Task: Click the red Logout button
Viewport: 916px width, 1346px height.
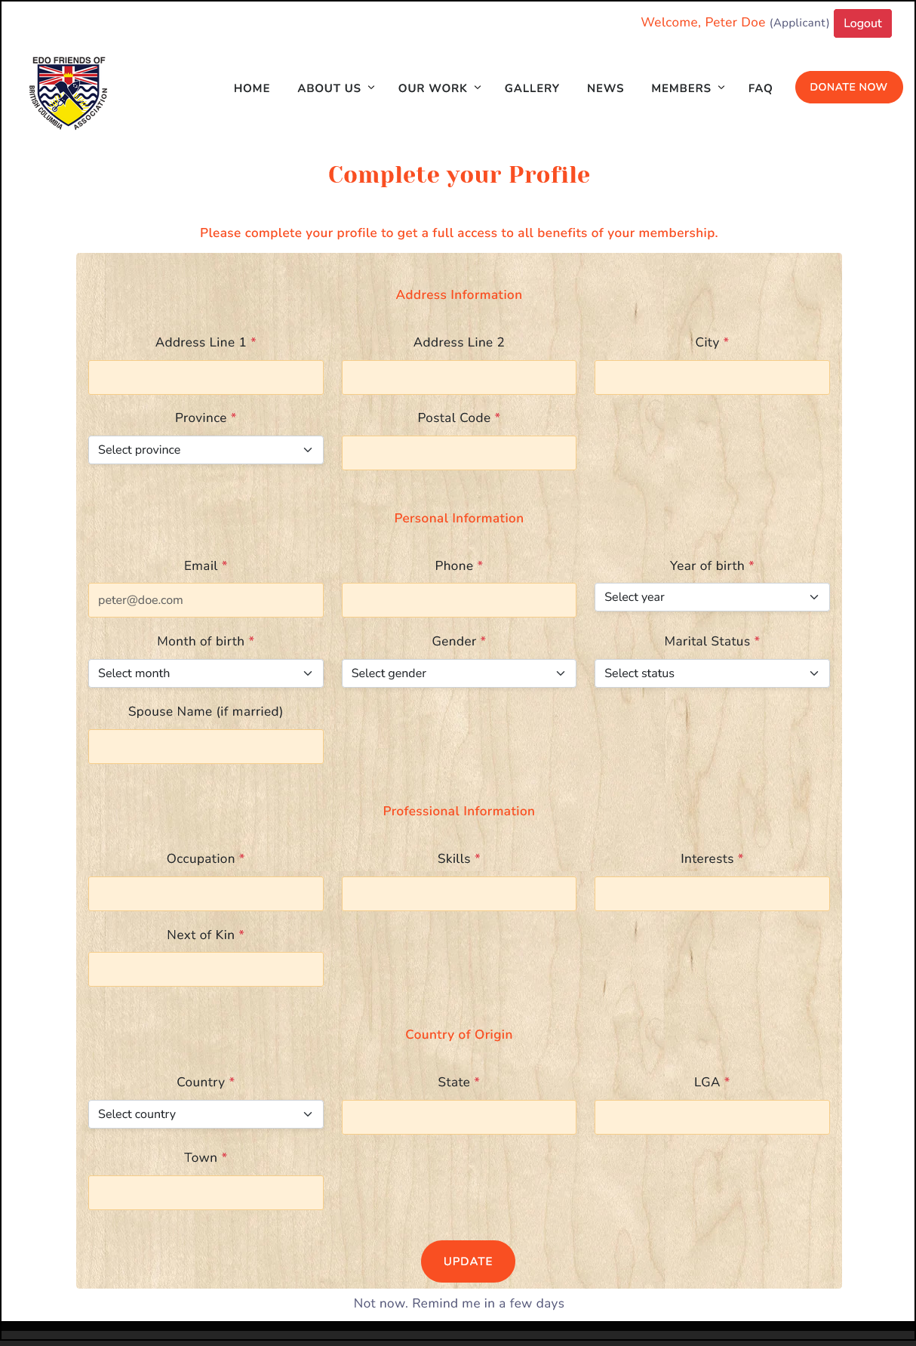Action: pos(862,23)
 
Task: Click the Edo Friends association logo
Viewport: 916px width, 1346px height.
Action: pos(69,92)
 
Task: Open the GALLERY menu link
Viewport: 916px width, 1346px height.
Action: pos(532,88)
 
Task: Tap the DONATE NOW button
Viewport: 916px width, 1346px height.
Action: pos(848,88)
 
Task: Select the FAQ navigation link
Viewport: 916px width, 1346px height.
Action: pos(760,88)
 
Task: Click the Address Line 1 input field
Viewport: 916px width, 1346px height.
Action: pos(206,377)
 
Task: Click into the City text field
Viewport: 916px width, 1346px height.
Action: pos(712,377)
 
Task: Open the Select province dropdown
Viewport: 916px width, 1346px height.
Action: pos(206,450)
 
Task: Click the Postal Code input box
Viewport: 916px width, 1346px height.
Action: pos(459,453)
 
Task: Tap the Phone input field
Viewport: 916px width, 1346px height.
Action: pos(459,600)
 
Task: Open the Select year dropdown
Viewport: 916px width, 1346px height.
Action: pos(712,597)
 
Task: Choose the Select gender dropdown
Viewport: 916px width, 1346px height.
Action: pos(459,673)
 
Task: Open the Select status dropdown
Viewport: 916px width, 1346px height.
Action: pos(712,673)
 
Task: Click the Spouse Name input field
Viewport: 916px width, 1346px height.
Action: pos(206,747)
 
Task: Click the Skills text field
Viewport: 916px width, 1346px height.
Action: pos(459,894)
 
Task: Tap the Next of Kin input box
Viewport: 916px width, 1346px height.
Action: pos(206,969)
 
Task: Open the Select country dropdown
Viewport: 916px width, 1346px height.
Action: pos(206,1114)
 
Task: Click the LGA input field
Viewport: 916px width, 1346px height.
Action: pos(712,1117)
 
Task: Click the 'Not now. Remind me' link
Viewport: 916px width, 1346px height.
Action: pos(459,1303)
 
